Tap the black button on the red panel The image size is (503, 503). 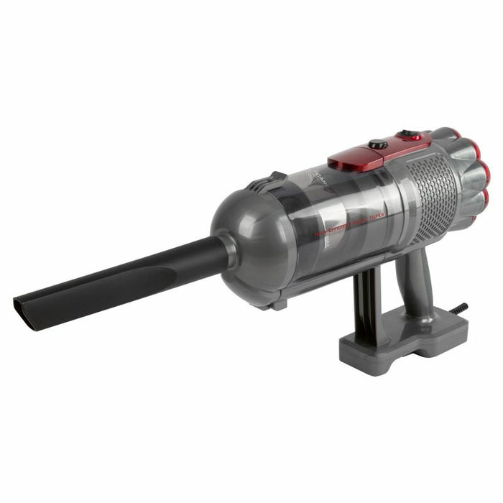coord(378,144)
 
